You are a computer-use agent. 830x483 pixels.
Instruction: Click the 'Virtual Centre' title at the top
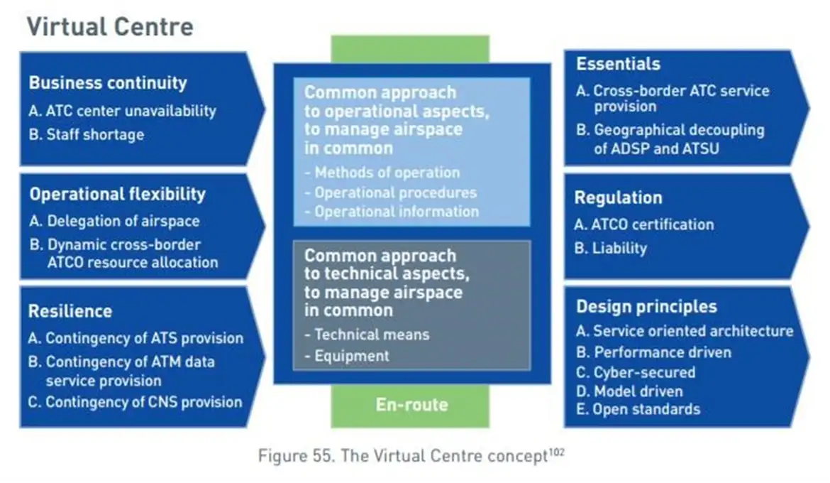[x=110, y=27]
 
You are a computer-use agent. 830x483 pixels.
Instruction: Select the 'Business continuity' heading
[x=108, y=83]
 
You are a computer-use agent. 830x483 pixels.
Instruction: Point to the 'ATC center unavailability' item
[x=123, y=111]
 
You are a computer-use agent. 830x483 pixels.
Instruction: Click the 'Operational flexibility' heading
[x=117, y=195]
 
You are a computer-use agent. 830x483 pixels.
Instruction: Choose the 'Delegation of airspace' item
[x=115, y=221]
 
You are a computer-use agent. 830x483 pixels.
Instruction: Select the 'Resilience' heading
[x=70, y=311]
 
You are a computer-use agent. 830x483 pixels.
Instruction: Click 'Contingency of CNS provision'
[x=135, y=402]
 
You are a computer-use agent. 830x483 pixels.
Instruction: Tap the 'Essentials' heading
[x=618, y=64]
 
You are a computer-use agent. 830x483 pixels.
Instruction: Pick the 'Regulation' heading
[x=618, y=198]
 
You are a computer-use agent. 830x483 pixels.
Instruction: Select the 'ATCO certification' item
[x=644, y=224]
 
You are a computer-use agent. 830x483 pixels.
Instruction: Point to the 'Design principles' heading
[x=646, y=307]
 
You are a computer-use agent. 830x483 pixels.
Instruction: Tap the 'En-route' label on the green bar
[x=411, y=406]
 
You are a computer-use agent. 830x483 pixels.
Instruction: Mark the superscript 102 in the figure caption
[x=556, y=451]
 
